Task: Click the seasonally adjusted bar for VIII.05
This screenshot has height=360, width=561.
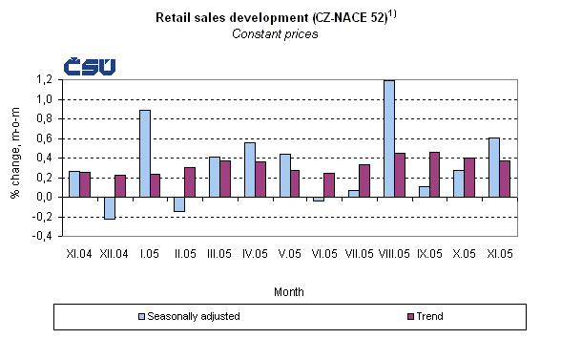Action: [388, 138]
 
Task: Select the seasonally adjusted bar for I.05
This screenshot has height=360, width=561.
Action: [144, 153]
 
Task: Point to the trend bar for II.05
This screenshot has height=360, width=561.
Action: [190, 181]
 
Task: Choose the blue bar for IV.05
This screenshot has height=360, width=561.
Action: [249, 169]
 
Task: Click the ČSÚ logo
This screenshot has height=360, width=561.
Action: [90, 66]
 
